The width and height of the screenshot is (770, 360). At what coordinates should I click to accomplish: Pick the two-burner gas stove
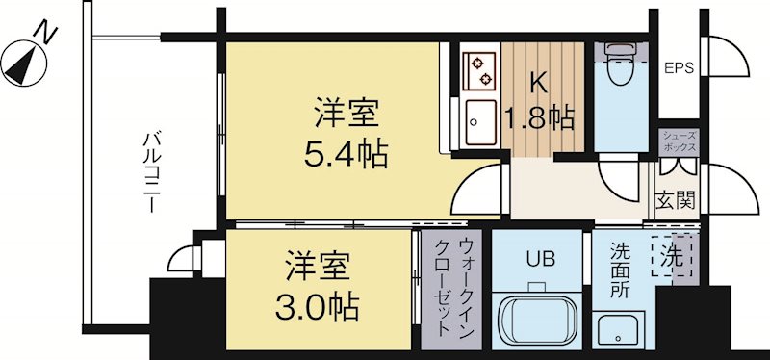pos(478,68)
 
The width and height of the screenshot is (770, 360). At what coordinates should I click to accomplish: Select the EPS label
pos(680,68)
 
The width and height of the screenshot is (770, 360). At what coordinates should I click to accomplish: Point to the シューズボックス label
pos(680,141)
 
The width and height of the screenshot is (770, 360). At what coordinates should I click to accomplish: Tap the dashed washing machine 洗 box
pos(672,257)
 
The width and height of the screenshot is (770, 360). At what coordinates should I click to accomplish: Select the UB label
pos(537,258)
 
